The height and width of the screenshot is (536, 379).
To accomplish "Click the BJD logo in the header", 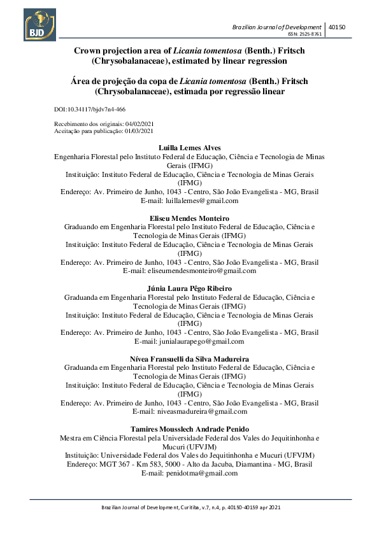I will point(39,24).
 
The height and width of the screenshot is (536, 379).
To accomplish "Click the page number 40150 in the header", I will point(336,27).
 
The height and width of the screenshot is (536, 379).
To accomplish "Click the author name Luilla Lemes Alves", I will point(189,148).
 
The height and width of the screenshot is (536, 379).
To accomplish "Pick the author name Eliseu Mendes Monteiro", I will point(189,218).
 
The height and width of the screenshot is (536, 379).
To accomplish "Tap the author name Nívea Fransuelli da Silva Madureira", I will point(189,359).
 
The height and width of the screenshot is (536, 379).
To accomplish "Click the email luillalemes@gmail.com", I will point(199,201).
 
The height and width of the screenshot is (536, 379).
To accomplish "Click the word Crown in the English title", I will point(89,50).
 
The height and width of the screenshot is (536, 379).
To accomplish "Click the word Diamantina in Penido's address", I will point(249,464).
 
